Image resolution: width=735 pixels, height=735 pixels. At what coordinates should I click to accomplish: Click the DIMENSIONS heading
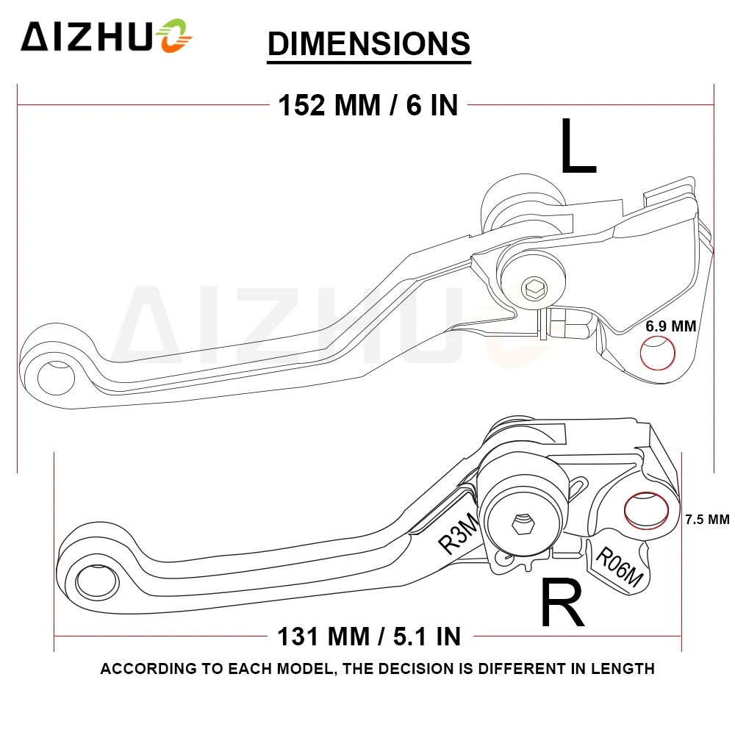tap(368, 43)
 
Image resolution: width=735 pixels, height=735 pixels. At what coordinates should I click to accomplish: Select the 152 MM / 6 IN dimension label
tap(367, 105)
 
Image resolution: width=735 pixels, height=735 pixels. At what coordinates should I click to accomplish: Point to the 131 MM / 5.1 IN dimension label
tap(369, 634)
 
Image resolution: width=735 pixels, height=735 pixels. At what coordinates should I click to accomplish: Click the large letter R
tap(562, 603)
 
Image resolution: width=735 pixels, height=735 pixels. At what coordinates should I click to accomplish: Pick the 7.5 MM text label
tap(706, 520)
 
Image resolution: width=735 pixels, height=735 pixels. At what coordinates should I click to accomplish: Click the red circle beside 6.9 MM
tap(658, 354)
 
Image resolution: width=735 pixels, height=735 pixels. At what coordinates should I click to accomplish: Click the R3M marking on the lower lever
tap(458, 533)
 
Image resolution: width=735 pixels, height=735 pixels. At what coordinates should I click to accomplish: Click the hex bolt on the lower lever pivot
tap(521, 524)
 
